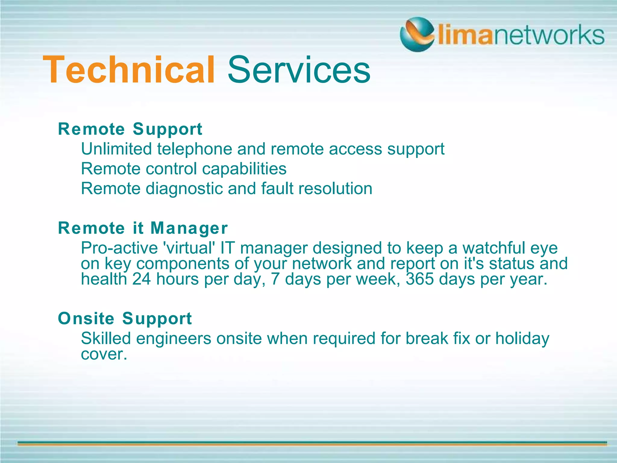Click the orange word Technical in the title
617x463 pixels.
coord(129,70)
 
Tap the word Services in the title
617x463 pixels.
coord(299,70)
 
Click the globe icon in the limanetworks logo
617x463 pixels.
coord(417,34)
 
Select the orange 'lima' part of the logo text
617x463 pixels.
coord(464,36)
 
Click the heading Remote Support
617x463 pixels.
coord(130,129)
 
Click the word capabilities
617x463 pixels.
coord(244,169)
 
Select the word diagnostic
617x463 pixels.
coord(184,189)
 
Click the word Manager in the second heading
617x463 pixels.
coord(189,228)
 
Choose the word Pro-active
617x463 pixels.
coord(119,248)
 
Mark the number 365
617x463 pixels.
coord(420,279)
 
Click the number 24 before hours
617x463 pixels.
coord(141,279)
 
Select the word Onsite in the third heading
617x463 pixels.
coord(86,319)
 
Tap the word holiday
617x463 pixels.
coord(522,339)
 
